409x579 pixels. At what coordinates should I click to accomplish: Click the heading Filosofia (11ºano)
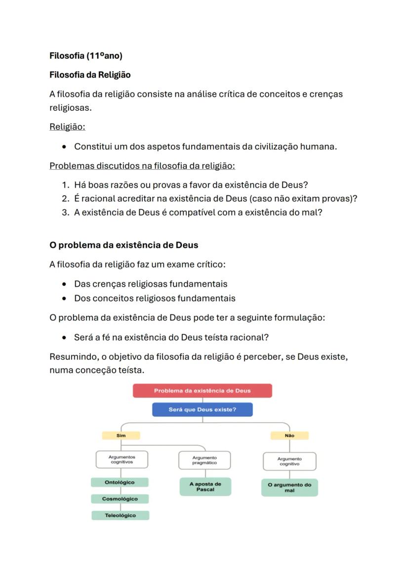click(x=86, y=56)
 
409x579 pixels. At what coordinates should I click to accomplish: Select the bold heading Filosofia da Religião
click(x=90, y=75)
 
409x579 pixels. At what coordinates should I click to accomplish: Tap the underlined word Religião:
click(x=67, y=127)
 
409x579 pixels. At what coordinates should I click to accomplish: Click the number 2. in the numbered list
click(x=66, y=199)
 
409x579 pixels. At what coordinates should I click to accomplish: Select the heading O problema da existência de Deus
click(x=123, y=245)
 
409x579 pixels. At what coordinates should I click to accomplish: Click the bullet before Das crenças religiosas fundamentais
click(x=64, y=284)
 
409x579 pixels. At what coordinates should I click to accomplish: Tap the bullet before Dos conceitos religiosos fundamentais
click(x=64, y=299)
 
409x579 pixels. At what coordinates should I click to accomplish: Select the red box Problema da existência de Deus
click(x=202, y=391)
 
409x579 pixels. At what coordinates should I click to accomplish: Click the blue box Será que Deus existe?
click(x=202, y=409)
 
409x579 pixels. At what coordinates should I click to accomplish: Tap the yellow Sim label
click(x=121, y=436)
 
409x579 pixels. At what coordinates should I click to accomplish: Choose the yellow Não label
click(x=289, y=436)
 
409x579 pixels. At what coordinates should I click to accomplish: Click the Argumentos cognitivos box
click(x=122, y=460)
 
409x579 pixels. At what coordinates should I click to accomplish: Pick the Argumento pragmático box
click(x=204, y=460)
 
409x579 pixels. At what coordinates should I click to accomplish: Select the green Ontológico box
click(x=120, y=482)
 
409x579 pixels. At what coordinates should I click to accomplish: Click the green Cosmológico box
click(x=120, y=499)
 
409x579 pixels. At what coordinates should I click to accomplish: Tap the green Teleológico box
click(x=120, y=515)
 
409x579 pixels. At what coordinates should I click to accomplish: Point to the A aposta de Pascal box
click(x=205, y=487)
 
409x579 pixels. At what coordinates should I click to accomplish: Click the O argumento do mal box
click(x=289, y=488)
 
